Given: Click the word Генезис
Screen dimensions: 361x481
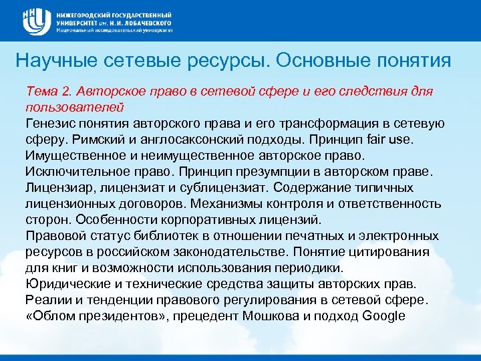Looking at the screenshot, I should coord(51,123).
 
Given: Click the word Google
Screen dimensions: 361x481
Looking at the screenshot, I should coord(382,316).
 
